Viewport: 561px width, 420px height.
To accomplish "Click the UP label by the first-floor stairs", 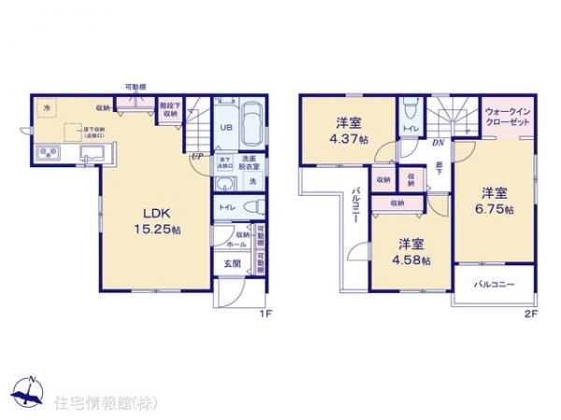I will [196, 156].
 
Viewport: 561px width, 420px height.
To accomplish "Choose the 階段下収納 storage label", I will [169, 108].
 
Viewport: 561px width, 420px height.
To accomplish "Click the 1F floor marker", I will [266, 312].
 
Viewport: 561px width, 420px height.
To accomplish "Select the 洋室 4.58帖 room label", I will [410, 251].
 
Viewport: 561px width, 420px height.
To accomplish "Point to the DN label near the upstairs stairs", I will [438, 143].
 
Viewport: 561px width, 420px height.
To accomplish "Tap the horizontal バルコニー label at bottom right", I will [494, 283].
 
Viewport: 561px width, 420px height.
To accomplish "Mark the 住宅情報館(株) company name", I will [104, 402].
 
